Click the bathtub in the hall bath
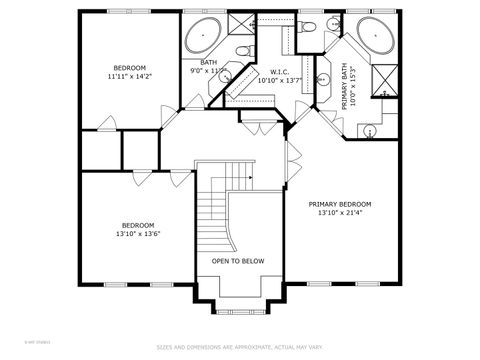click(x=203, y=36)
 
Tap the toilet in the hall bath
click(x=241, y=50)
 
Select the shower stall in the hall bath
click(x=241, y=23)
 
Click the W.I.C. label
click(x=279, y=72)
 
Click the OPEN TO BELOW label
click(x=238, y=260)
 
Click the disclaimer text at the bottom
click(x=240, y=347)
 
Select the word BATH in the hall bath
click(x=208, y=62)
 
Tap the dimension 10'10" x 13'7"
click(x=279, y=81)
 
